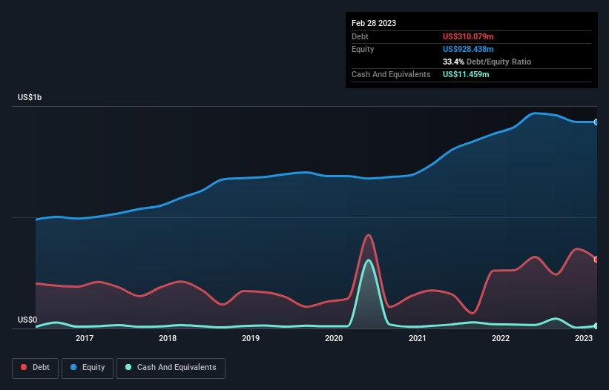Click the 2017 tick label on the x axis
pos(85,339)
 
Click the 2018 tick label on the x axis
pos(168,339)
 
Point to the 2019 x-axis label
pos(251,339)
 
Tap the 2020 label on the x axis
pos(334,339)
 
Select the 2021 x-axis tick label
pos(418,339)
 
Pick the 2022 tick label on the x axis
pos(501,339)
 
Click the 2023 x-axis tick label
pos(584,339)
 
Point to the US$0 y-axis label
pos(27,320)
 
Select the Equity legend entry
pos(88,368)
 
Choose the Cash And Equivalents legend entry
pos(171,368)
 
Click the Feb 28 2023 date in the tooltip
pos(374,23)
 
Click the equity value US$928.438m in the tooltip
pos(469,49)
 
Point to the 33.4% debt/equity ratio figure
pos(454,62)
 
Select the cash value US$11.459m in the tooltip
pos(466,74)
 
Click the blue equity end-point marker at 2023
pos(596,122)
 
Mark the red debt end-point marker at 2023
pos(596,260)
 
